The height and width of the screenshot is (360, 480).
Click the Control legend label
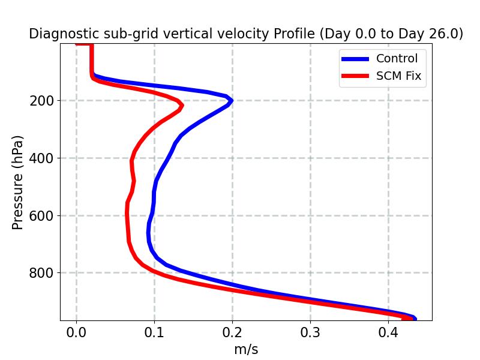click(397, 59)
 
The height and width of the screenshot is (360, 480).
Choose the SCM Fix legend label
click(398, 76)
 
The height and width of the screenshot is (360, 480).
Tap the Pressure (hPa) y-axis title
click(18, 182)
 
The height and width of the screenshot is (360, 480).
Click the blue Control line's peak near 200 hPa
click(231, 101)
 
